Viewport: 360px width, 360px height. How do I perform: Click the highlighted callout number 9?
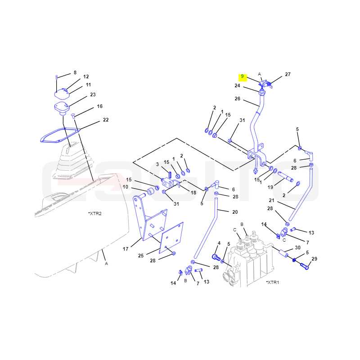pos(243,76)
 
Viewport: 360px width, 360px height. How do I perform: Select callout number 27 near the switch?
pos(288,74)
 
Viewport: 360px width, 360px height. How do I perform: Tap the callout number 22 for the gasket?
pos(106,120)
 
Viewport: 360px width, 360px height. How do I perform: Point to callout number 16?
pos(99,106)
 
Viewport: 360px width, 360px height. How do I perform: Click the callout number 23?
pos(93,94)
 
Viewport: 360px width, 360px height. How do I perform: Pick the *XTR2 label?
pos(95,213)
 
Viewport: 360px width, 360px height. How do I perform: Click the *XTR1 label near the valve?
pos(273,282)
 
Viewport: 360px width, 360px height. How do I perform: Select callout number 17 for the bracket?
pos(126,249)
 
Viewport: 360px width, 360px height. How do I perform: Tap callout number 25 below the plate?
pos(141,256)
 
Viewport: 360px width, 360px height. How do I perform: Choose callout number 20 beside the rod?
pos(235,212)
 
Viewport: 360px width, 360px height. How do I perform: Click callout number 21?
pos(272,200)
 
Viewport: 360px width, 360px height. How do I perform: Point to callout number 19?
pos(270,187)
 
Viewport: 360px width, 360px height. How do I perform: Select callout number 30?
pos(297,247)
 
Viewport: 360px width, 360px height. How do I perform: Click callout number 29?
pos(314,259)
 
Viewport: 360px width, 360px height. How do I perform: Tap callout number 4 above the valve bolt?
pos(219,243)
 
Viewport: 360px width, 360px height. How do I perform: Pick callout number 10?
pos(126,187)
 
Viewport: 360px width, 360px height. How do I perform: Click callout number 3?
pos(157,164)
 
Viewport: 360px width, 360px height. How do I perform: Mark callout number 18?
pos(193,193)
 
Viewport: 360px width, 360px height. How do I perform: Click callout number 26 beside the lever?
pos(238,99)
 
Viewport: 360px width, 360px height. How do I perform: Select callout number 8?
pos(75,72)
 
